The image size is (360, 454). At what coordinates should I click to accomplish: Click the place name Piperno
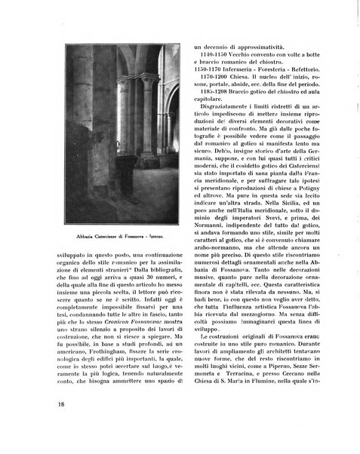click(264, 380)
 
